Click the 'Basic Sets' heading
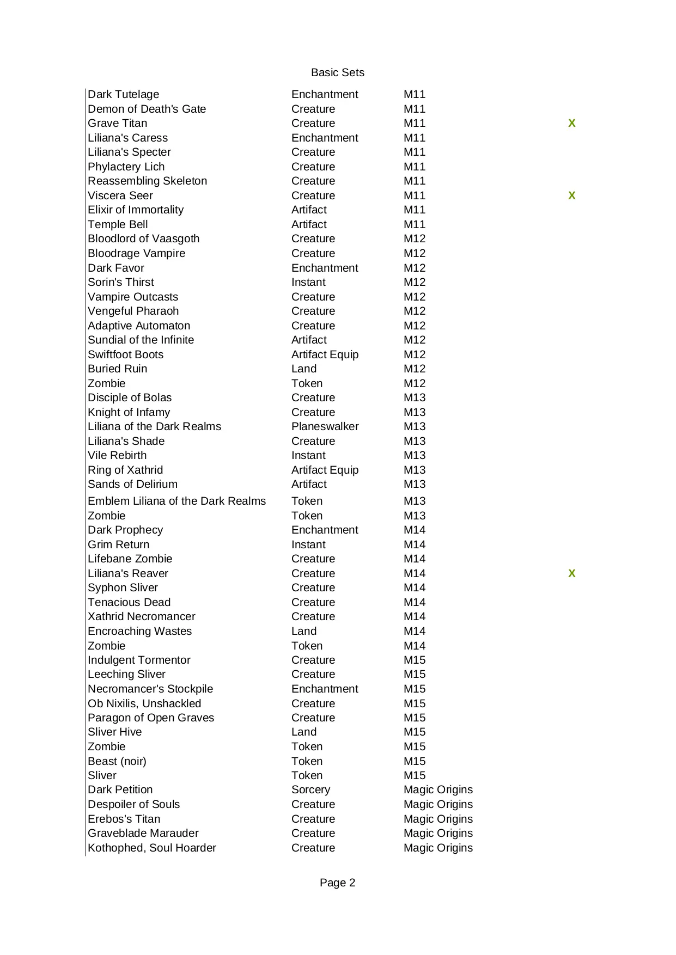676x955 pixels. [337, 72]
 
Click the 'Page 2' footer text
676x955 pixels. [337, 883]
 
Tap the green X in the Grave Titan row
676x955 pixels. [571, 123]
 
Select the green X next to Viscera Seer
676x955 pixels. [571, 195]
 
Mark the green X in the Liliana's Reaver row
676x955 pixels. [571, 573]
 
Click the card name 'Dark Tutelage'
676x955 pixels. [124, 94]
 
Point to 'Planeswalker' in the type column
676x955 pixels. [325, 426]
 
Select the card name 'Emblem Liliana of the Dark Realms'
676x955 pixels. [176, 501]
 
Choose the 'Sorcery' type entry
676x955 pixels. [310, 789]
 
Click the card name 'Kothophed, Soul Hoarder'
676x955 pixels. [152, 848]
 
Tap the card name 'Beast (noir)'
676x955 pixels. [117, 761]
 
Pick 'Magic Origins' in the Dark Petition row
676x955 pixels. [438, 789]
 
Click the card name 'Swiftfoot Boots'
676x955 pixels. [125, 354]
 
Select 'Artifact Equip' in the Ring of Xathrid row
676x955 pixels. [325, 470]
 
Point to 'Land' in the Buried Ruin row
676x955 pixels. [304, 369]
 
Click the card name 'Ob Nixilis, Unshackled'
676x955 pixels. [144, 703]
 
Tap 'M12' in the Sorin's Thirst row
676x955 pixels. [415, 282]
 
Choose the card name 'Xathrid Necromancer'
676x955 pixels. [142, 616]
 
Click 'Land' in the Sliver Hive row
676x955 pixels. [304, 732]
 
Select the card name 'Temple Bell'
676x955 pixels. [118, 224]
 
